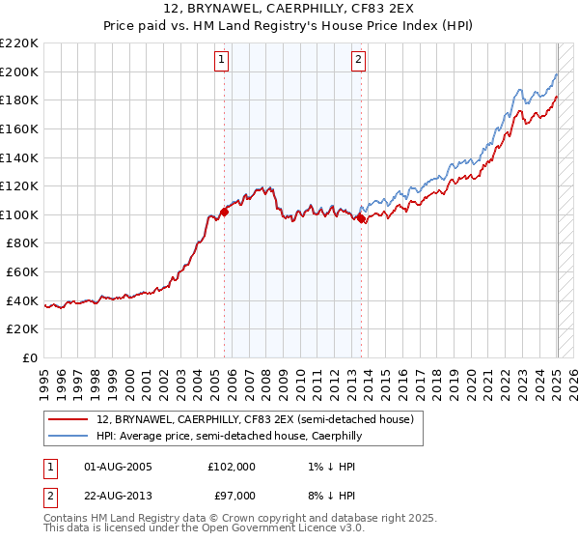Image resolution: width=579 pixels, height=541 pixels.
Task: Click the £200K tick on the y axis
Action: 20,71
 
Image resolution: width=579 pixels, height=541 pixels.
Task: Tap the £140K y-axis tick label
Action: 20,157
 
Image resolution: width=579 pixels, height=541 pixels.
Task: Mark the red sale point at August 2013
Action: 361,218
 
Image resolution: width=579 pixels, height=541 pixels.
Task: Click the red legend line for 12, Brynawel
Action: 68,419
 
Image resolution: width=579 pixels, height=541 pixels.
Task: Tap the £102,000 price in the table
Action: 232,467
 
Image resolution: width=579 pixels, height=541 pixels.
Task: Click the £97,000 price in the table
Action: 232,496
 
